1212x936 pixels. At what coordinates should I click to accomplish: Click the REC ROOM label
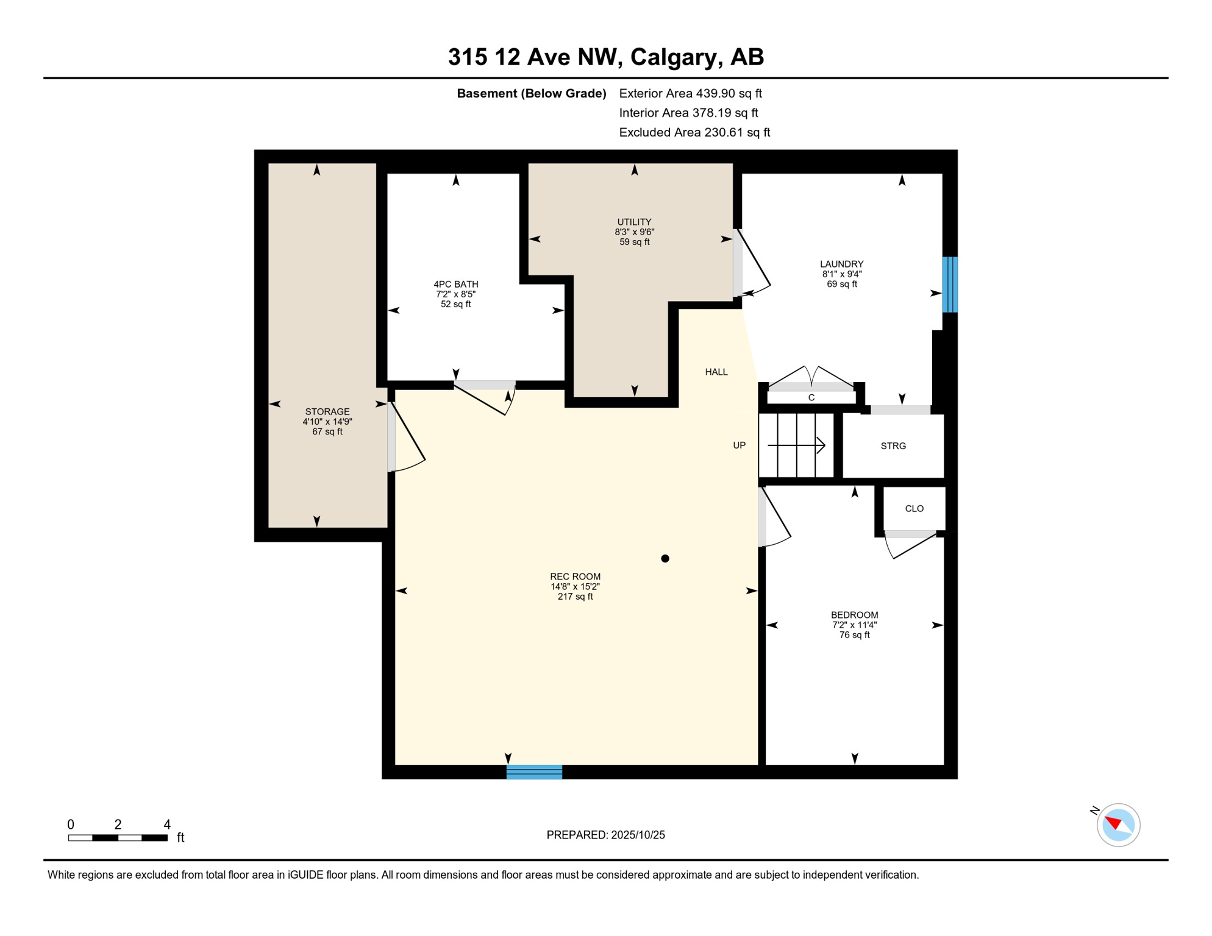point(575,576)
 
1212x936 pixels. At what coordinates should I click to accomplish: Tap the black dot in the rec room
point(665,558)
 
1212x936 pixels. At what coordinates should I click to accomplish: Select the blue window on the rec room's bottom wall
point(534,772)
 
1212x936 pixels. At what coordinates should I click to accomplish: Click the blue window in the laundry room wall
point(949,285)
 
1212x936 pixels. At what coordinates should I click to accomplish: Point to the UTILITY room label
point(634,222)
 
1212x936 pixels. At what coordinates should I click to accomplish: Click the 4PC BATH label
point(455,284)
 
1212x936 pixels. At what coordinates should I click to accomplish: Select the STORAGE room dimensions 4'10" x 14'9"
point(327,422)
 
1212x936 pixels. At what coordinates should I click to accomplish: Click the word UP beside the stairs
point(739,445)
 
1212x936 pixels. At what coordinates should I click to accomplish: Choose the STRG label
point(893,446)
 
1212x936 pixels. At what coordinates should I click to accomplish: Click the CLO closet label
point(914,509)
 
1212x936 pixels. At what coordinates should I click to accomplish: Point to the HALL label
point(716,372)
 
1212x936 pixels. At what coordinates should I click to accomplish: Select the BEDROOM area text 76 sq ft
point(854,635)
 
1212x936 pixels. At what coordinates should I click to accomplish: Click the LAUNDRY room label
point(841,264)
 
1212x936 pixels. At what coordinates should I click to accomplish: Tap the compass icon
point(1118,825)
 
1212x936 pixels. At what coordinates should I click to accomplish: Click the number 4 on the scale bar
point(167,824)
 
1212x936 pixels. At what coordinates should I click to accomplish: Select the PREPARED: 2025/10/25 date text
point(605,835)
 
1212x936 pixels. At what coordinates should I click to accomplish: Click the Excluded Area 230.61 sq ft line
point(694,132)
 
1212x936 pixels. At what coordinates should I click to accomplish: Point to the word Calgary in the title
point(672,57)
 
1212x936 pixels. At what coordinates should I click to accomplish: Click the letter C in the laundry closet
point(811,397)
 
